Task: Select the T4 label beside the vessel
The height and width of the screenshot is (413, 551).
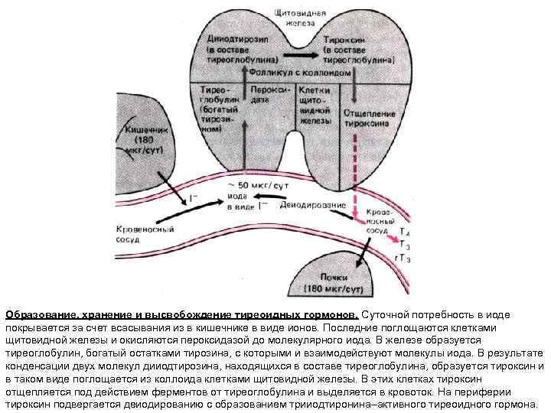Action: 405,231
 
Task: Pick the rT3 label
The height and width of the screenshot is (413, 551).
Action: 403,259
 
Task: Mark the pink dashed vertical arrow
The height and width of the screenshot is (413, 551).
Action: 355,168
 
